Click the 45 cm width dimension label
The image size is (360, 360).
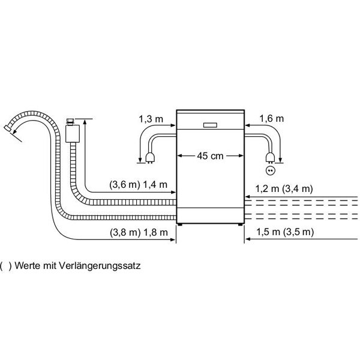pyautogui.click(x=210, y=156)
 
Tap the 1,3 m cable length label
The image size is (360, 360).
pyautogui.click(x=151, y=119)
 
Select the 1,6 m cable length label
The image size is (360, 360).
pyautogui.click(x=272, y=119)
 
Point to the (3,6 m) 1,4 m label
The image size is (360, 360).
pyautogui.click(x=138, y=185)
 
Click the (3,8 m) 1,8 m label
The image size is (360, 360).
pyautogui.click(x=139, y=233)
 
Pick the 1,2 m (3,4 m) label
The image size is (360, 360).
pyautogui.click(x=284, y=189)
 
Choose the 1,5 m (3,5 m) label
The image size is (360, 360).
pyautogui.click(x=285, y=232)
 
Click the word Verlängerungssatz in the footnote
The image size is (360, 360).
pyautogui.click(x=100, y=266)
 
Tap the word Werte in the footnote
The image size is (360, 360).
pyautogui.click(x=28, y=266)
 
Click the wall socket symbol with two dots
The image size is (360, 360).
pyautogui.click(x=270, y=170)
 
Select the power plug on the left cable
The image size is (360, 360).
pyautogui.click(x=149, y=158)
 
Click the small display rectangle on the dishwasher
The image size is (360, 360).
pyautogui.click(x=210, y=125)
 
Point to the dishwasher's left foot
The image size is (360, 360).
pyautogui.click(x=179, y=224)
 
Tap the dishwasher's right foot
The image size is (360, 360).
pyautogui.click(x=240, y=224)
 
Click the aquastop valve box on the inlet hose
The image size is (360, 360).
pyautogui.click(x=73, y=134)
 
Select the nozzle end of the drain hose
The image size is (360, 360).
pyautogui.click(x=7, y=128)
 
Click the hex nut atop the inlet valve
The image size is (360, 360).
pyautogui.click(x=70, y=121)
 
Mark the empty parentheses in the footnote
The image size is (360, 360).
pyautogui.click(x=5, y=266)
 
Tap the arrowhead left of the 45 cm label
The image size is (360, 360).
pyautogui.click(x=180, y=155)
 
